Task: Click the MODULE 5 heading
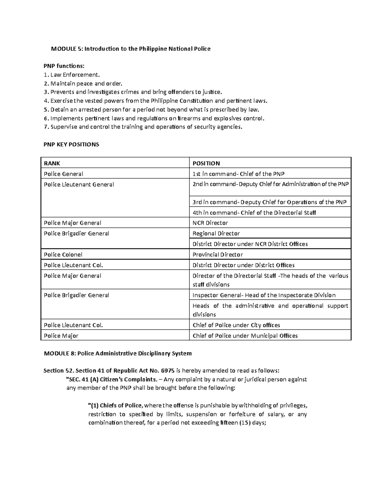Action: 131,49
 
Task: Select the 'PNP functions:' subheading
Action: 64,66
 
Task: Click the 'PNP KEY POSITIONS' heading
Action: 71,144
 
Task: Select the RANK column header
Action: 52,163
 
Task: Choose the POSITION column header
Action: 206,163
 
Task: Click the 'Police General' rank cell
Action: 64,174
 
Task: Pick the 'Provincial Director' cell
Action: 218,255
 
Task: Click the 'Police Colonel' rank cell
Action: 63,255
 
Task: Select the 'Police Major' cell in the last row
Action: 61,336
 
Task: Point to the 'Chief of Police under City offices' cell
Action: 236,325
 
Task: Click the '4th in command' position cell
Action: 254,213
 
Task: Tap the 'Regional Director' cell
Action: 216,234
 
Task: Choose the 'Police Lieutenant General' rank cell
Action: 79,185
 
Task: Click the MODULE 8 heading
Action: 118,354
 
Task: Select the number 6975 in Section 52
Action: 168,371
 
